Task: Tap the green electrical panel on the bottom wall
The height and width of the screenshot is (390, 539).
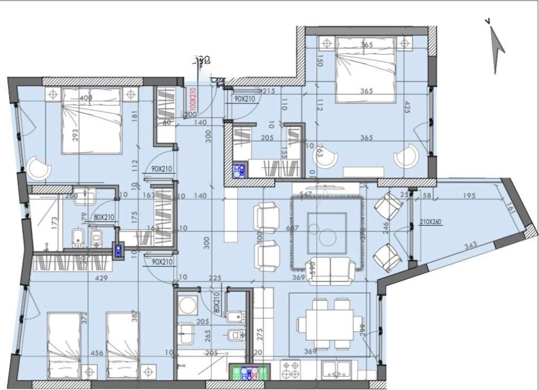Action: (x=249, y=372)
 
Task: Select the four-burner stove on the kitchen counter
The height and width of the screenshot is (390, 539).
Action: (x=290, y=371)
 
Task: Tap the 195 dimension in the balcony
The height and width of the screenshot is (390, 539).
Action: (x=470, y=196)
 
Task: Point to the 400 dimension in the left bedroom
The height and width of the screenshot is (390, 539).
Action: (x=86, y=98)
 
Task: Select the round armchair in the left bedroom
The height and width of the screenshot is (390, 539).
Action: (x=38, y=168)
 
